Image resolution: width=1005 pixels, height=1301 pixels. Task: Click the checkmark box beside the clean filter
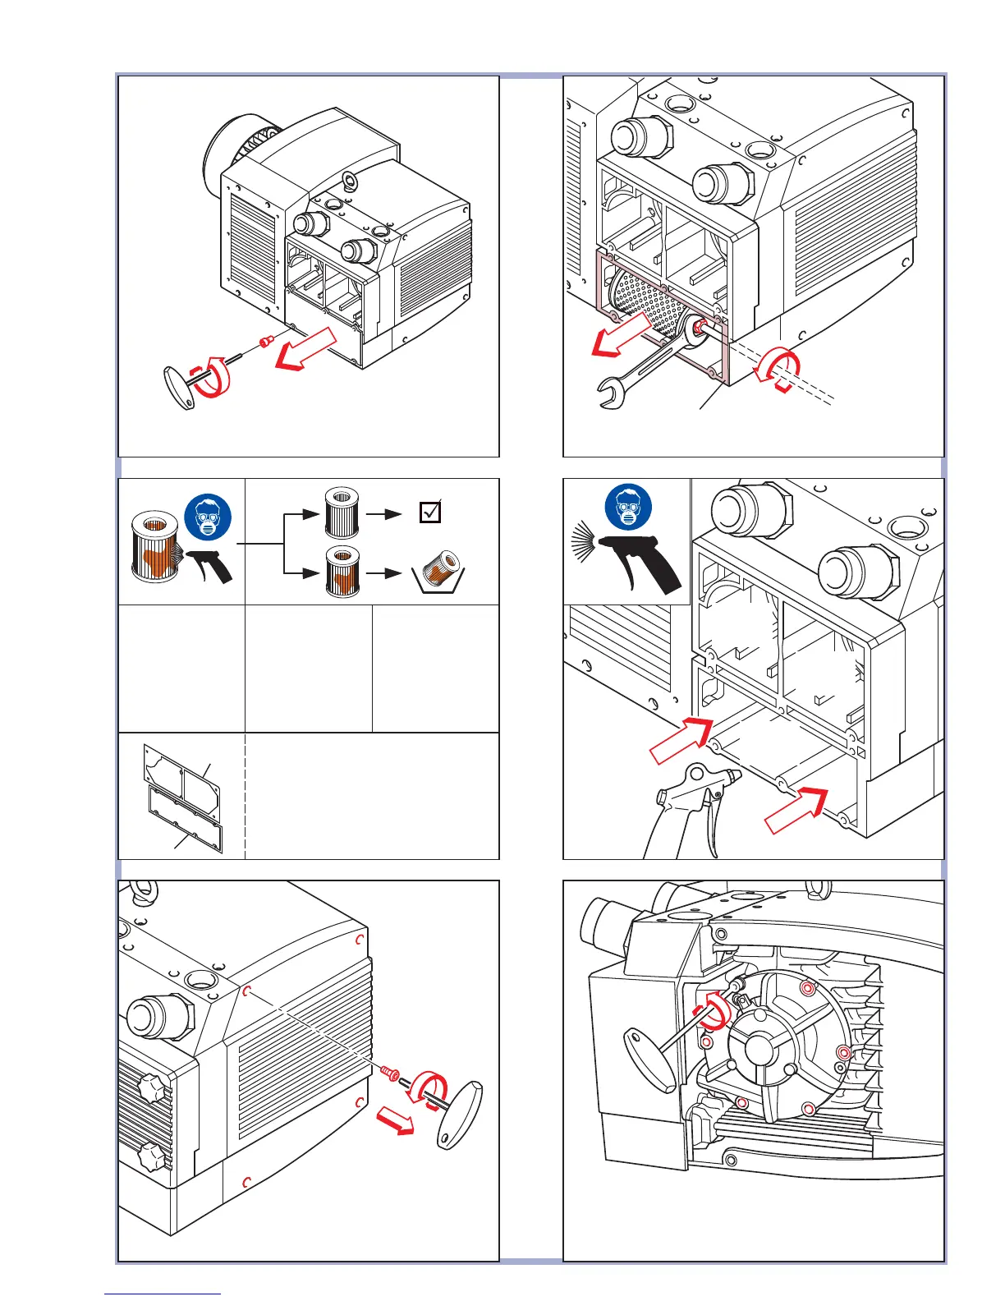[429, 513]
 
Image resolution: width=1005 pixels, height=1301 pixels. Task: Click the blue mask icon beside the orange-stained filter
[209, 517]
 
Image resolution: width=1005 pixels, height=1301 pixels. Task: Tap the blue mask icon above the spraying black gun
[628, 507]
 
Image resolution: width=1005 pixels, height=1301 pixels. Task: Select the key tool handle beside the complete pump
[178, 388]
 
